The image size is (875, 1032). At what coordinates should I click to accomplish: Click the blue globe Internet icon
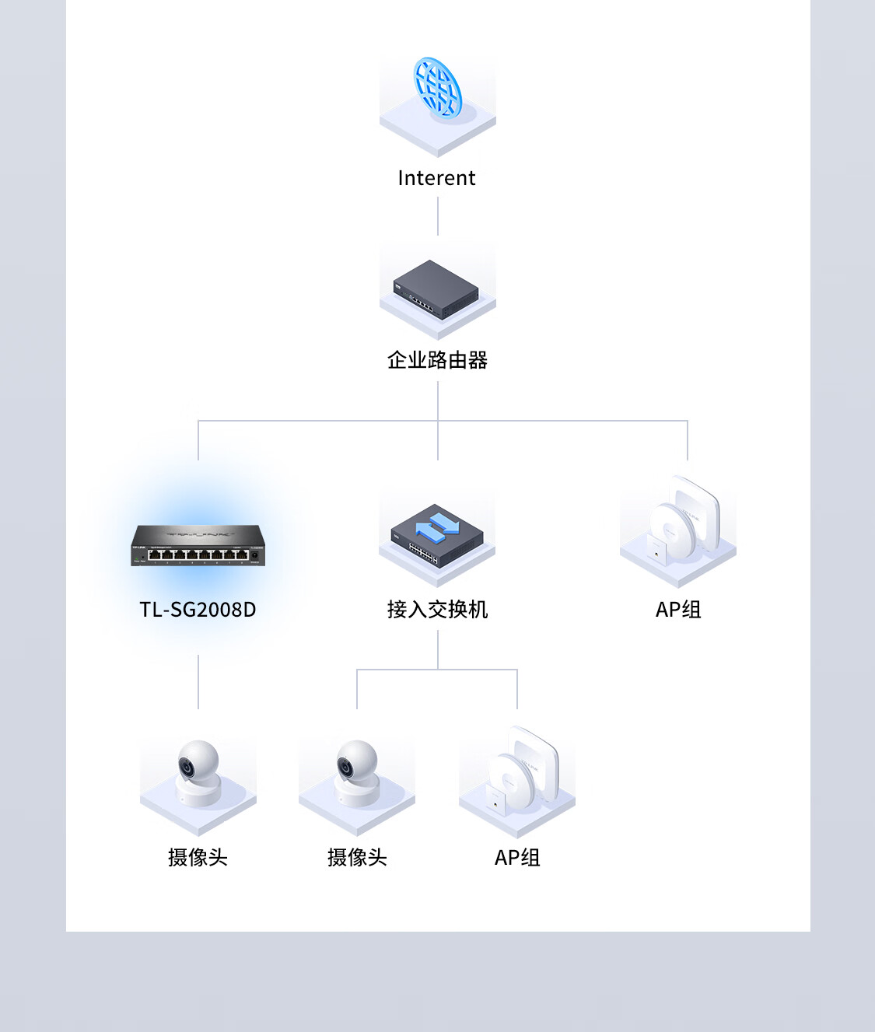(438, 87)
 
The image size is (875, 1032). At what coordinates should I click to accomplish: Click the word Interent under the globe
(436, 178)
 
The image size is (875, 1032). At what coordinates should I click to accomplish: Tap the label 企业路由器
(437, 360)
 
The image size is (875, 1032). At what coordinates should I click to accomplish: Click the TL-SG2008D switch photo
(198, 545)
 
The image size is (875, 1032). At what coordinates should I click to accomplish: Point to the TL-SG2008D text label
(198, 610)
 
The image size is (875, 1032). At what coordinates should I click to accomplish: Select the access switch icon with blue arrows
(437, 535)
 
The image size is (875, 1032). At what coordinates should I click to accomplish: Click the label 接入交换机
(437, 610)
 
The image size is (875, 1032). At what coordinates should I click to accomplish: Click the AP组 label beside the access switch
(678, 610)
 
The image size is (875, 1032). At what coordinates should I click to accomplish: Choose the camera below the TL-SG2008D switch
(198, 773)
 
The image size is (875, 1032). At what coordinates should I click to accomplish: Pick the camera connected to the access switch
(357, 773)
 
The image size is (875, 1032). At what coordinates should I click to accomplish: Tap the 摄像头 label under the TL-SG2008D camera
(198, 857)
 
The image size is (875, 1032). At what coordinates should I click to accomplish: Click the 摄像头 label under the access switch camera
(357, 857)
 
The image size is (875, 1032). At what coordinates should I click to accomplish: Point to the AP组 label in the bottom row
(517, 857)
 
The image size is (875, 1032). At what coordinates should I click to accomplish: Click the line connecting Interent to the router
(438, 216)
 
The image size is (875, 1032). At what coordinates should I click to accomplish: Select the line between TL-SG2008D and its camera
(198, 681)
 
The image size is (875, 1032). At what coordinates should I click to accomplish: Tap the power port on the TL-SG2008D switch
(255, 555)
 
